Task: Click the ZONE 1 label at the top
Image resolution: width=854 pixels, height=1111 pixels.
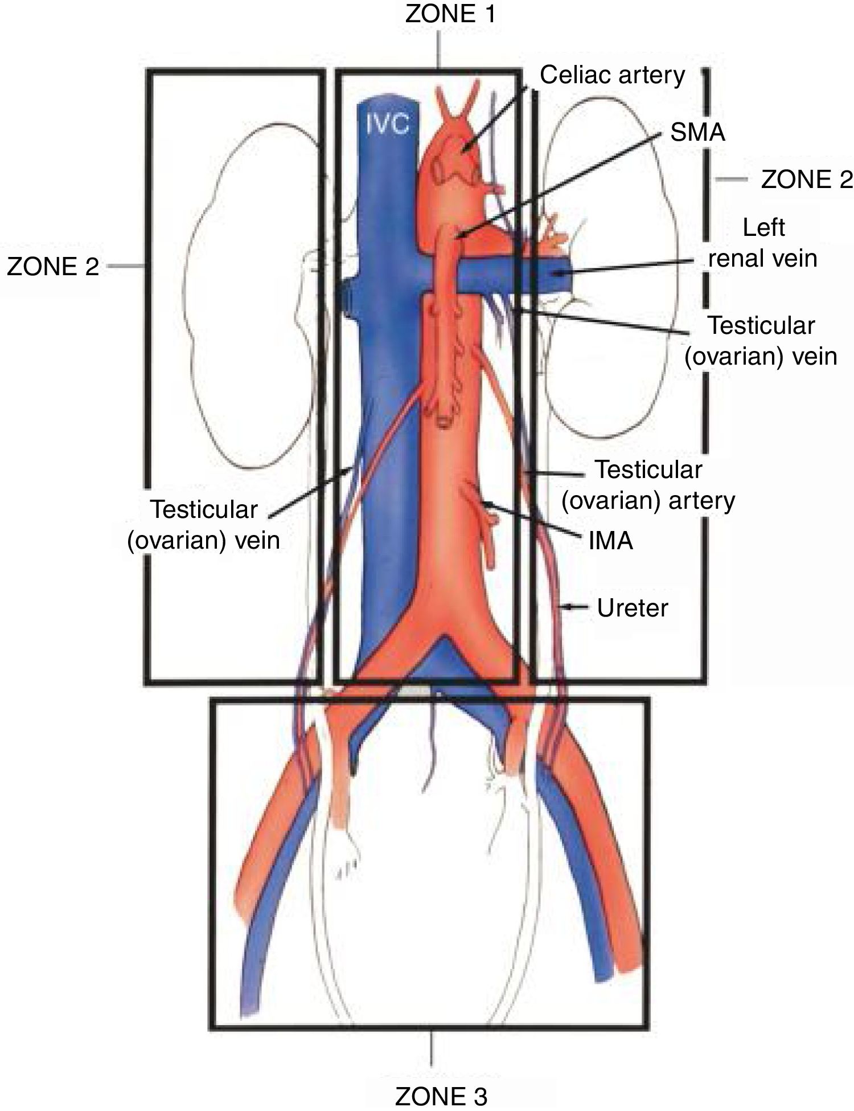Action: pyautogui.click(x=450, y=14)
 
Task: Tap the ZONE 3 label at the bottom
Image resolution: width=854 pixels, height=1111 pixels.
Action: pyautogui.click(x=441, y=1095)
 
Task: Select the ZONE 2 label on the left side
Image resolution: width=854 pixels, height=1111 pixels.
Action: pyautogui.click(x=53, y=266)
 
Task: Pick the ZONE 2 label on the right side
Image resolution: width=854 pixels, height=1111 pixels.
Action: pyautogui.click(x=807, y=179)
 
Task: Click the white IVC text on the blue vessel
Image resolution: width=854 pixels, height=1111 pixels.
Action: pyautogui.click(x=388, y=124)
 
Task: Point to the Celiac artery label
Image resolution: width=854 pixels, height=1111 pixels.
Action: pyautogui.click(x=612, y=75)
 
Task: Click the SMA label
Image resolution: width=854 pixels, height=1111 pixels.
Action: pyautogui.click(x=697, y=133)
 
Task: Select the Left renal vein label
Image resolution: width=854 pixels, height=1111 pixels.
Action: pyautogui.click(x=763, y=243)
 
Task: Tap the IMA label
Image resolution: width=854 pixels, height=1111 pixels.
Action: pyautogui.click(x=611, y=540)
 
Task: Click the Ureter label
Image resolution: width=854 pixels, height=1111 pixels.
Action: pyautogui.click(x=633, y=608)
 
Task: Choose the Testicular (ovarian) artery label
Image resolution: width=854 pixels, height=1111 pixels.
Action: pyautogui.click(x=648, y=485)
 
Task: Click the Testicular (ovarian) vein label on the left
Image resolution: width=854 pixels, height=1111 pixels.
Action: pyautogui.click(x=204, y=525)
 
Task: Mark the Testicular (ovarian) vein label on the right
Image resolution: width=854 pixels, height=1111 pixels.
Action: pyautogui.click(x=761, y=341)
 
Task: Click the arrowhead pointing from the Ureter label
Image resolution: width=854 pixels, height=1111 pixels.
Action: pyautogui.click(x=565, y=607)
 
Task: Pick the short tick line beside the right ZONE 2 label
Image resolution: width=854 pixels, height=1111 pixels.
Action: pyautogui.click(x=732, y=179)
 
